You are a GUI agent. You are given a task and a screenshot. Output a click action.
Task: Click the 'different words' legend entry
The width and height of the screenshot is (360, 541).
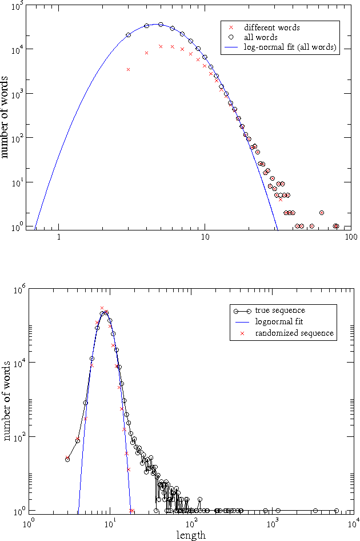pos(271,27)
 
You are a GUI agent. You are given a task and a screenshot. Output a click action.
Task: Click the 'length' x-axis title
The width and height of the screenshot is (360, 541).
pos(192,535)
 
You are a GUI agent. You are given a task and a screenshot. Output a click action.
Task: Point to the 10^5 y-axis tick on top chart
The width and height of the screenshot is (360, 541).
pos(17,5)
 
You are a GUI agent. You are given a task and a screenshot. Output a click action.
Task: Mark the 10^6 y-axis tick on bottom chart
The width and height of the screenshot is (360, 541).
pos(17,290)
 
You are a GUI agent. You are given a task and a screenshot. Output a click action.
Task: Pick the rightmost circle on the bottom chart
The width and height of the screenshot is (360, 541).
pos(337,511)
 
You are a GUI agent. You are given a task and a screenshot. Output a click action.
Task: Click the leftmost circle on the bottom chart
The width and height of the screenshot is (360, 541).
pos(67,459)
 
